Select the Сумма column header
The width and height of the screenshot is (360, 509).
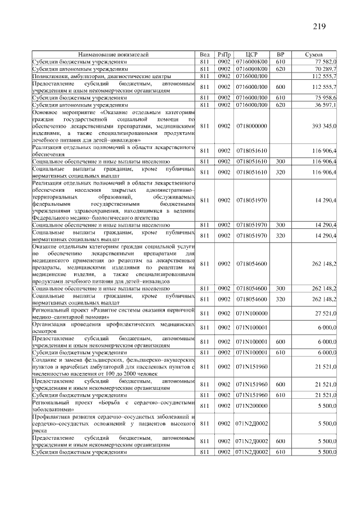tap(313, 55)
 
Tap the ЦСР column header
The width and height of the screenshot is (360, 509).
tap(251, 55)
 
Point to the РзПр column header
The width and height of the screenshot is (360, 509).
tap(224, 55)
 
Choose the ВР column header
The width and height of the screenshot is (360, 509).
tap(281, 55)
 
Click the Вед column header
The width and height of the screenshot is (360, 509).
tap(205, 55)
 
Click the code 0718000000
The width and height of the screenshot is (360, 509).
tap(251, 127)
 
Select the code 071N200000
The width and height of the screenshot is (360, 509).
tap(251, 405)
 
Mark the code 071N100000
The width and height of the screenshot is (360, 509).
tap(251, 313)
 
